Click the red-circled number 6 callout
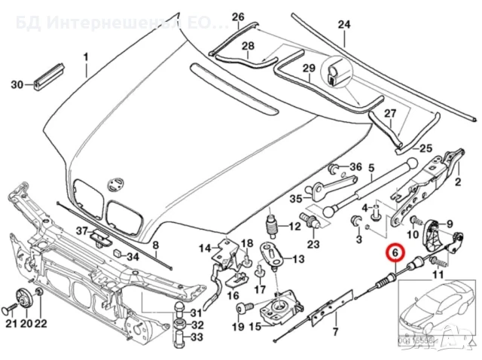pos(394,255)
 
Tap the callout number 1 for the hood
pos(85,57)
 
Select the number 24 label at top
pos(343,24)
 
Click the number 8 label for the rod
pos(156,246)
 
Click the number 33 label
pos(197,337)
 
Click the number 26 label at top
pos(238,17)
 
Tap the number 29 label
pos(308,69)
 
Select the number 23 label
pos(313,243)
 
